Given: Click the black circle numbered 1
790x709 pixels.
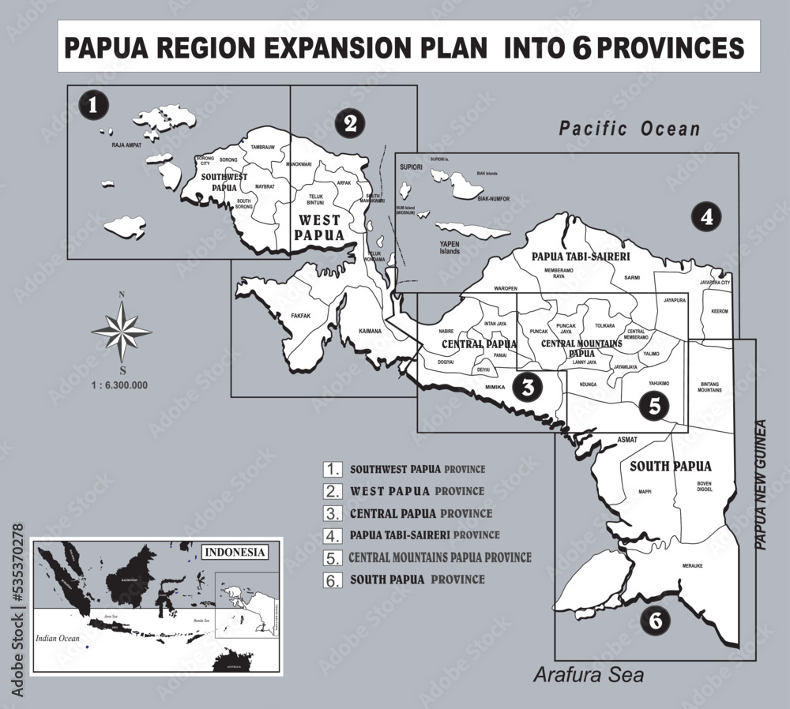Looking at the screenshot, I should click(x=94, y=105).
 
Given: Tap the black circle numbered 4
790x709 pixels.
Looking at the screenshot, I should click(x=706, y=217).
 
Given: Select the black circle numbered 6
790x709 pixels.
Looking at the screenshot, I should click(x=654, y=621).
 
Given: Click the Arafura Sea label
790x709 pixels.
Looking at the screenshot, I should click(x=589, y=676).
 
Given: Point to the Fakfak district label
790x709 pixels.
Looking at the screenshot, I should click(x=301, y=316).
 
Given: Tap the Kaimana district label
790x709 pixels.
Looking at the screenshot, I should click(x=370, y=331).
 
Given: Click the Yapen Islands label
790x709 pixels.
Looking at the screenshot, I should click(x=450, y=248).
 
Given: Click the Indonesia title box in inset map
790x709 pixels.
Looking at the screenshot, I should click(x=234, y=551).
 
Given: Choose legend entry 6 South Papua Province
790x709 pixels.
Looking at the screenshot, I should click(x=417, y=580).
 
